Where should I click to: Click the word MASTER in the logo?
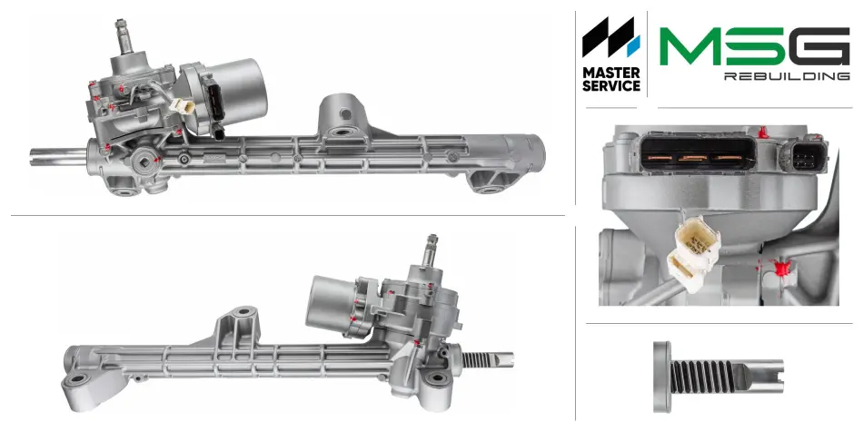pyautogui.click(x=611, y=73)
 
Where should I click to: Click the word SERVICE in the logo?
pyautogui.click(x=611, y=86)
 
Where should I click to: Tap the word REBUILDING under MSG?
pyautogui.click(x=787, y=76)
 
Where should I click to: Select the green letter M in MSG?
pyautogui.click(x=690, y=45)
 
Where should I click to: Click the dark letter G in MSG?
pyautogui.click(x=818, y=45)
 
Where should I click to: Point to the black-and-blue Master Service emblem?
pyautogui.click(x=611, y=37)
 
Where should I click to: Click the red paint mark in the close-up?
pyautogui.click(x=781, y=269)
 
